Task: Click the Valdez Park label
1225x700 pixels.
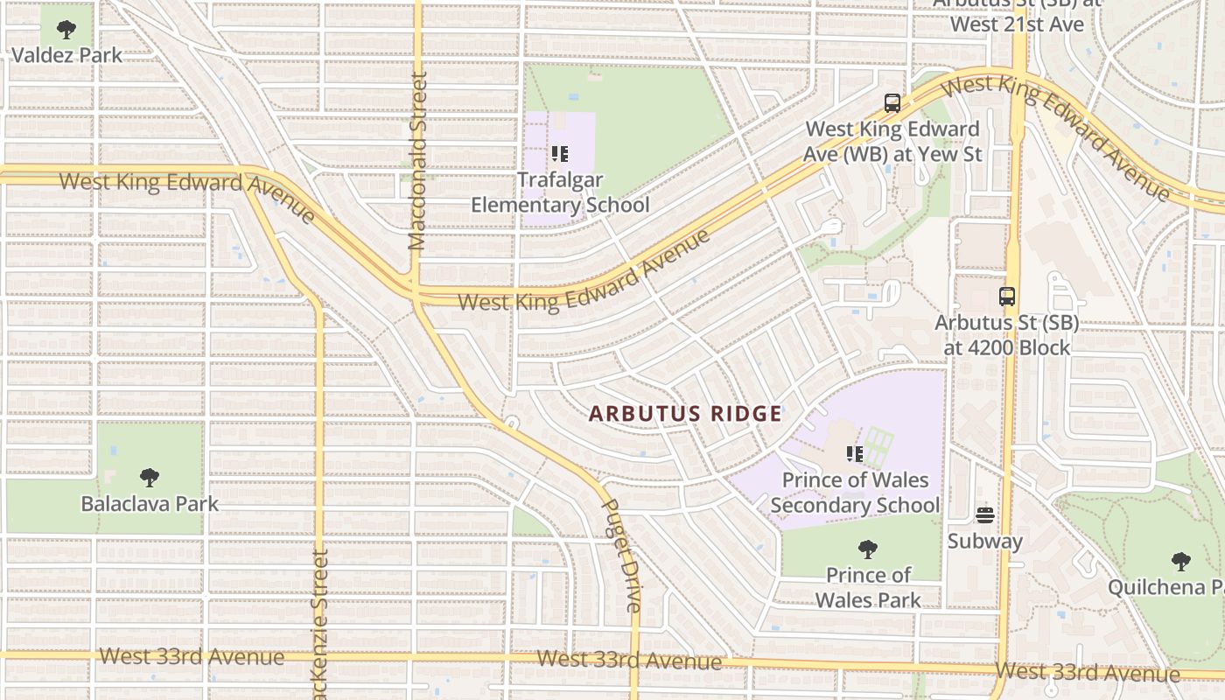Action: pyautogui.click(x=66, y=55)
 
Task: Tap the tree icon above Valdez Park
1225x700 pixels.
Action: pyautogui.click(x=66, y=30)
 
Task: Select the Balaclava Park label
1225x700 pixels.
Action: pyautogui.click(x=150, y=504)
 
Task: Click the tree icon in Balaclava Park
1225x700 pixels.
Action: pyautogui.click(x=150, y=478)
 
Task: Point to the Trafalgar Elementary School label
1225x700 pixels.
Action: pyautogui.click(x=560, y=192)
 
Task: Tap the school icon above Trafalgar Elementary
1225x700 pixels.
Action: pyautogui.click(x=560, y=155)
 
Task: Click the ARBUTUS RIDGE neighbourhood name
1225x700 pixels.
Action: pyautogui.click(x=685, y=414)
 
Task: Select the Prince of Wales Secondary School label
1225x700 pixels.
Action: pyautogui.click(x=855, y=493)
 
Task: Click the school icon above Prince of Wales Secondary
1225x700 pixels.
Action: pyautogui.click(x=855, y=454)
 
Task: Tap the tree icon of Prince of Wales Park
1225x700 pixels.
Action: pyautogui.click(x=868, y=549)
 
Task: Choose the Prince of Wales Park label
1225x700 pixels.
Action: pyautogui.click(x=868, y=587)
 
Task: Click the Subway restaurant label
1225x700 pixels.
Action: pyautogui.click(x=985, y=542)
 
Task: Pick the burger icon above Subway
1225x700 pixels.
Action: pyautogui.click(x=985, y=515)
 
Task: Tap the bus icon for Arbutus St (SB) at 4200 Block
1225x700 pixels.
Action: pyautogui.click(x=1007, y=297)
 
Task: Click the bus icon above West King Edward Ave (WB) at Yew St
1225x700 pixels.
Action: pyautogui.click(x=892, y=103)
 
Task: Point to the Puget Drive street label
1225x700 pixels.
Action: pyautogui.click(x=623, y=555)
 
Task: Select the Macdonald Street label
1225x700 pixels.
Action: pyautogui.click(x=418, y=163)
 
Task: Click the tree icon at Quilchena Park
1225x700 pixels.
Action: pyautogui.click(x=1181, y=561)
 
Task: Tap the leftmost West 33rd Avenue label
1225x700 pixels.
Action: pyautogui.click(x=192, y=656)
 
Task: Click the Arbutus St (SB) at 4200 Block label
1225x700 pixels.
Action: pyautogui.click(x=1006, y=335)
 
